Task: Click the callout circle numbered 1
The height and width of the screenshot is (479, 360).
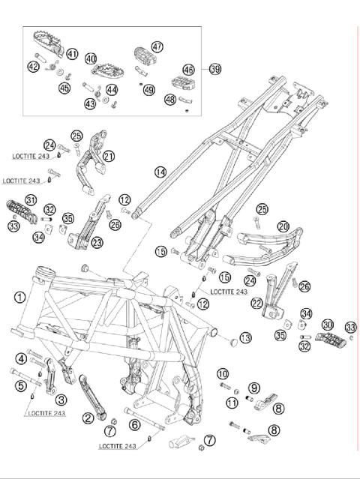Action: click(20, 298)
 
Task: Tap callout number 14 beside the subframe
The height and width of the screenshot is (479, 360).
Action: click(160, 172)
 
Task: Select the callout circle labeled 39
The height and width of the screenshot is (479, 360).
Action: click(215, 69)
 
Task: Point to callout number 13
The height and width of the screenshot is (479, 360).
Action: click(245, 337)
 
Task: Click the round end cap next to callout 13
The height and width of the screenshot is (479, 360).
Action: click(234, 342)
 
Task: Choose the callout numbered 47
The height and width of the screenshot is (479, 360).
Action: click(157, 46)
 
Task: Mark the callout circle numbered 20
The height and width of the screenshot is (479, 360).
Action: click(283, 226)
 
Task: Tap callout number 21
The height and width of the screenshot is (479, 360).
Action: click(109, 157)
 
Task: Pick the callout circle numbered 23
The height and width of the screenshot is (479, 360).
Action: click(97, 243)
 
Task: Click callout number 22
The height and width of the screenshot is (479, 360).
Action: click(257, 304)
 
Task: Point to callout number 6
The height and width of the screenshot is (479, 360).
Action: click(135, 424)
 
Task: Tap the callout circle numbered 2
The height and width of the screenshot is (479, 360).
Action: click(88, 418)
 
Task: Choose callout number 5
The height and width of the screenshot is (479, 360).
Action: click(21, 385)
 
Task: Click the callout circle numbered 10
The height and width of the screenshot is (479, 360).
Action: click(223, 373)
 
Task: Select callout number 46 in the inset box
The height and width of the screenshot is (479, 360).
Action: click(188, 70)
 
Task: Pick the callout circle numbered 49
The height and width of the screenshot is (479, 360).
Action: click(149, 90)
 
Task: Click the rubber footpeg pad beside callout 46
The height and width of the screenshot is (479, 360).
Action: click(183, 83)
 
